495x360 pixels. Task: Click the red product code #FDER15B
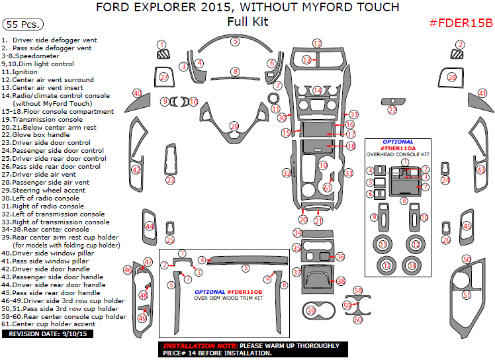pyautogui.click(x=461, y=22)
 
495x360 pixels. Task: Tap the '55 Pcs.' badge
pyautogui.click(x=22, y=24)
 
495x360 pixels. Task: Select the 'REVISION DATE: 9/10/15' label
pyautogui.click(x=48, y=334)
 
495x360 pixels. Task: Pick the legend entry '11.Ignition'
pyautogui.click(x=20, y=71)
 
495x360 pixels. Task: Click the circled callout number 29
pyautogui.click(x=234, y=126)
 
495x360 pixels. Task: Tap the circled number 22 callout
pyautogui.click(x=392, y=110)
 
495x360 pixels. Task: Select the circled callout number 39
pyautogui.click(x=311, y=310)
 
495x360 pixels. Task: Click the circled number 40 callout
pyautogui.click(x=137, y=93)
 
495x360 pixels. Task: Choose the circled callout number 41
pyautogui.click(x=482, y=93)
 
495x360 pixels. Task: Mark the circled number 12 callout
pyautogui.click(x=317, y=43)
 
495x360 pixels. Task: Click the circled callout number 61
pyautogui.click(x=328, y=188)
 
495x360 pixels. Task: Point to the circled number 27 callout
pyautogui.click(x=163, y=77)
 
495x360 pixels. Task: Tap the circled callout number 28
pyautogui.click(x=452, y=77)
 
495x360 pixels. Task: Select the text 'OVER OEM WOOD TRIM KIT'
pyautogui.click(x=228, y=298)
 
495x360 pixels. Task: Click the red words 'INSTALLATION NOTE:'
pyautogui.click(x=199, y=346)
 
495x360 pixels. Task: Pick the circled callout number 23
pyautogui.click(x=170, y=180)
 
